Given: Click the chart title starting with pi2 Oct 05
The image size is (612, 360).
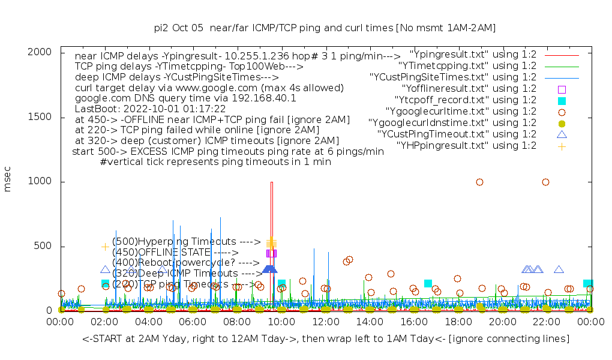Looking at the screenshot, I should click(325, 28).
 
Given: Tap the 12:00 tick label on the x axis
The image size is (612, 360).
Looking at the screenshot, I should click(325, 322).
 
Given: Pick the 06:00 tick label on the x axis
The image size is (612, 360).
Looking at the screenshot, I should click(193, 322).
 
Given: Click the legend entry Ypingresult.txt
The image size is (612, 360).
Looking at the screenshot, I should click(472, 55).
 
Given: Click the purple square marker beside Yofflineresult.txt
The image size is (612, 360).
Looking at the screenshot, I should click(562, 89).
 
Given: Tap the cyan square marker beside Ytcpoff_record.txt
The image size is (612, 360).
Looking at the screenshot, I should click(562, 100).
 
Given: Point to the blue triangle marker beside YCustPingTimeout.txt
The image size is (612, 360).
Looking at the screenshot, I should click(562, 134).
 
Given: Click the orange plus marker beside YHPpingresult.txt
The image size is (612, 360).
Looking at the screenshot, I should click(562, 146).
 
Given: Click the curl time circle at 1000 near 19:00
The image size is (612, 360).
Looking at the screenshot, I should click(479, 182).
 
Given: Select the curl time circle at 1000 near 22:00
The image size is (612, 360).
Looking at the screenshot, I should click(545, 182).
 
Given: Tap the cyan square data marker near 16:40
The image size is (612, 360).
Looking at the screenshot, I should click(428, 283).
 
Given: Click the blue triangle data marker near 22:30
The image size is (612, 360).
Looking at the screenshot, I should click(559, 269).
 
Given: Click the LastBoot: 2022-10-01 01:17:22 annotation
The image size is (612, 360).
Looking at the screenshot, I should click(150, 109).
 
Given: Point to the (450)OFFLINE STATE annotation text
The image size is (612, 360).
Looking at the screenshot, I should click(175, 252).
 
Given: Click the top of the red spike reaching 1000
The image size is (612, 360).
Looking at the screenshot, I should click(272, 182).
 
